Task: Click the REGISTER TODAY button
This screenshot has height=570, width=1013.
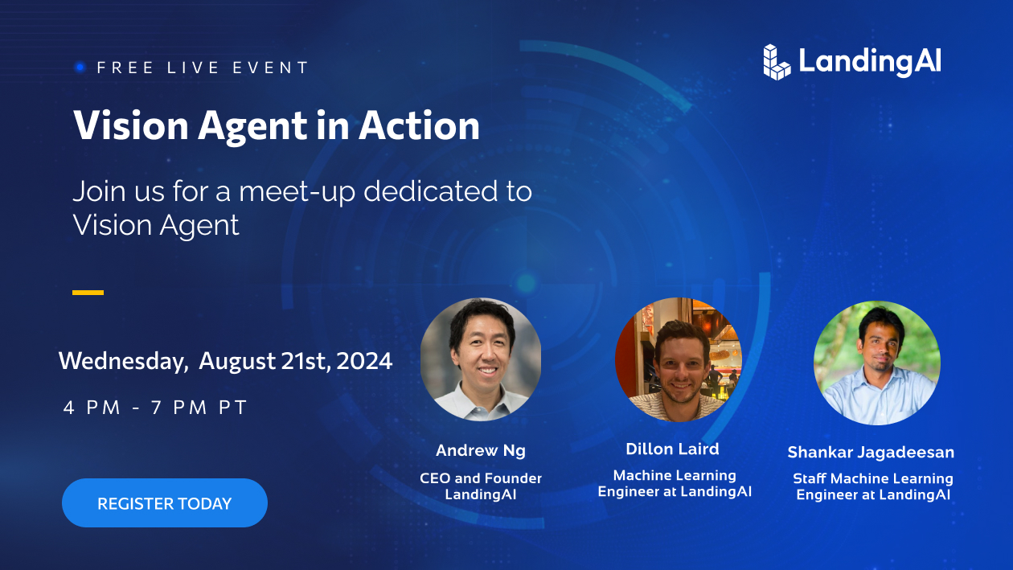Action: (x=165, y=503)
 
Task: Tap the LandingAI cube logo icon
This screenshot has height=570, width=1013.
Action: (x=777, y=62)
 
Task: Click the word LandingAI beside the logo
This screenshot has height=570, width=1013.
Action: (x=870, y=62)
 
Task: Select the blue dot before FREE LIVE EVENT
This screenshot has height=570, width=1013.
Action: (x=80, y=68)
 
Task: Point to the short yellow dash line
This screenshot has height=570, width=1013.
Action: (x=88, y=293)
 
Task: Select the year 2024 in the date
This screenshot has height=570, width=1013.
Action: (x=364, y=361)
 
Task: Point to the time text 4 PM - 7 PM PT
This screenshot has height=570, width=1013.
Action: (x=155, y=407)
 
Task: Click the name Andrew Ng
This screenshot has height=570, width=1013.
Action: (x=481, y=450)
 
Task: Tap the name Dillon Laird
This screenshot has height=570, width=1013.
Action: (x=673, y=449)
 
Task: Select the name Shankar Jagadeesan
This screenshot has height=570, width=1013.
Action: (x=871, y=452)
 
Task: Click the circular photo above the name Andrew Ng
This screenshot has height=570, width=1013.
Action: (x=481, y=360)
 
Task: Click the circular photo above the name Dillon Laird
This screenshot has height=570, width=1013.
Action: (x=678, y=359)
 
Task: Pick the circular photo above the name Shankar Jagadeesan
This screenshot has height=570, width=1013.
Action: (x=876, y=363)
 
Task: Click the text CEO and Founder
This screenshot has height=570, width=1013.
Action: (x=481, y=478)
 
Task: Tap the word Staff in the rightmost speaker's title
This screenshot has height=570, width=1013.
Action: (x=810, y=478)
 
